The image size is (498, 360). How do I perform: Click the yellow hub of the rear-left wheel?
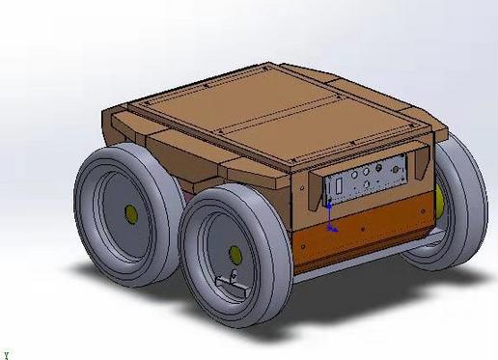click(x=129, y=211)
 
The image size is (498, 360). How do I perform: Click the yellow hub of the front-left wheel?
click(x=233, y=255)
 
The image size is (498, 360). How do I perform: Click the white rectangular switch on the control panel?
click(x=339, y=186)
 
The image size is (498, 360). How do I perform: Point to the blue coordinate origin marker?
click(x=330, y=229)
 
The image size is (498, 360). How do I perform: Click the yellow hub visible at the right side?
click(x=440, y=201)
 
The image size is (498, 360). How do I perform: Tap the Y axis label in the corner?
click(x=6, y=354)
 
